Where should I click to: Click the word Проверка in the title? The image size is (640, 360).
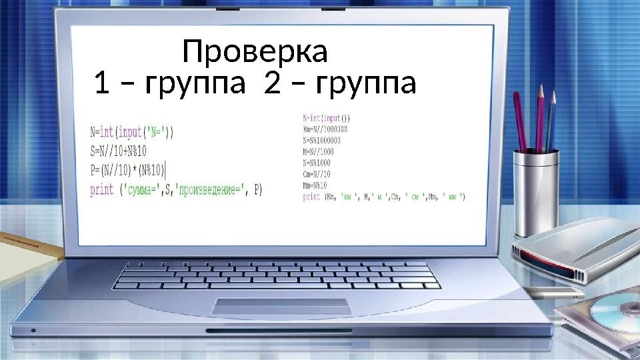(255, 52)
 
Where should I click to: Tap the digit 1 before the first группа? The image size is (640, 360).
(101, 85)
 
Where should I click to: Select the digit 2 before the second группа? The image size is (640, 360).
(271, 85)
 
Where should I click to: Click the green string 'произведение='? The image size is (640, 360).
(208, 190)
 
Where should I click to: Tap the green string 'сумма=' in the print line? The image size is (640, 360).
(145, 190)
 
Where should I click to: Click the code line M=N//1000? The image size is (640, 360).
(318, 151)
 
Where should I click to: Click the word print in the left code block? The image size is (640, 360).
(102, 190)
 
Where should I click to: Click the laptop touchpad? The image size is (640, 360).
(281, 306)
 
